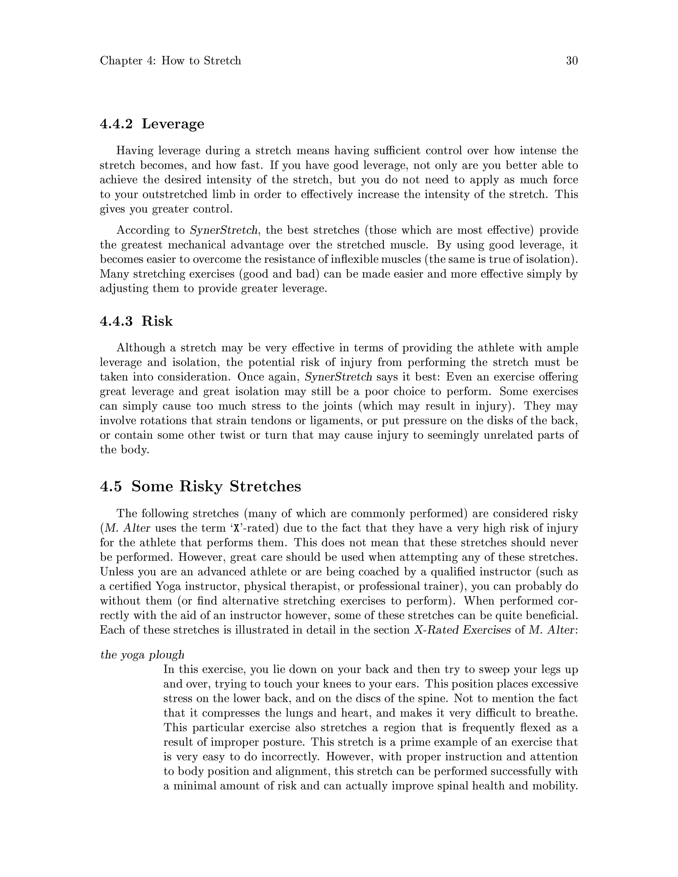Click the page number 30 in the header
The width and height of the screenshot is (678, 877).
coord(571,61)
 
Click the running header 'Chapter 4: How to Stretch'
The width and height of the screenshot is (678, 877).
coord(170,61)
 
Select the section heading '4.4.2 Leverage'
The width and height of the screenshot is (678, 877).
coord(152,124)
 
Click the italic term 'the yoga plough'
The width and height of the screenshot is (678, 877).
coord(142,655)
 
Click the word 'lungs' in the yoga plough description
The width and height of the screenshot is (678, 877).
coord(285,713)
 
